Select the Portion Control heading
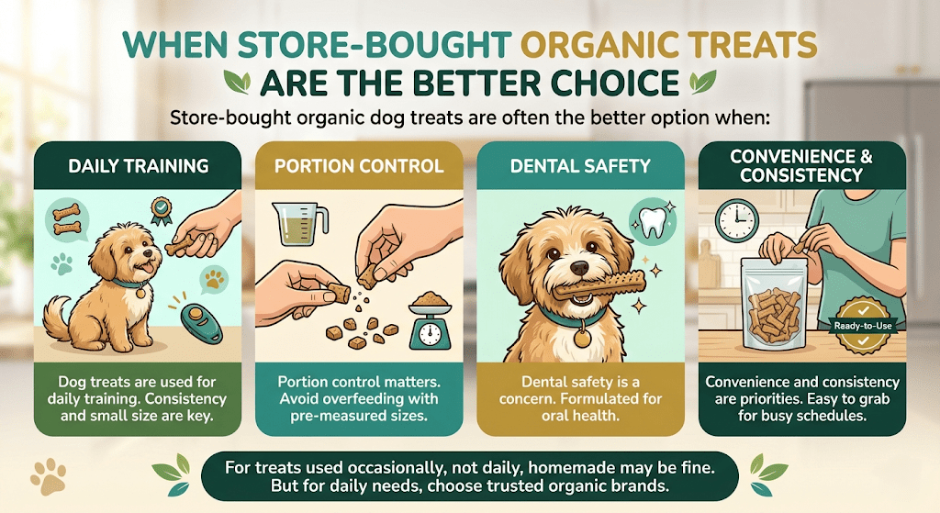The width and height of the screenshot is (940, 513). click(359, 166)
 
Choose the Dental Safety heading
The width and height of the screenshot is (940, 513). click(581, 166)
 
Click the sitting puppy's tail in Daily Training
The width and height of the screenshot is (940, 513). click(58, 317)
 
